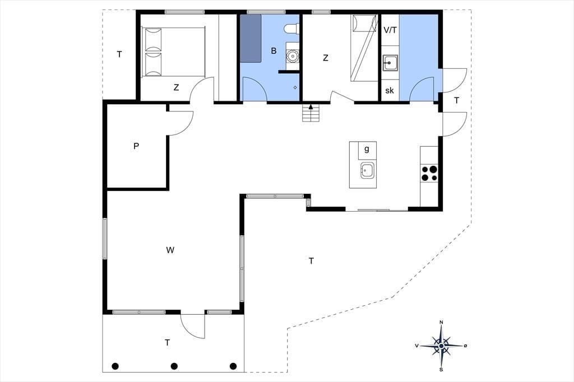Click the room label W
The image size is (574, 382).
tap(170, 250)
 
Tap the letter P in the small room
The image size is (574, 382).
tap(136, 146)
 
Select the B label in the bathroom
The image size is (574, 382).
tap(274, 51)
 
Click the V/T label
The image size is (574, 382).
tap(390, 30)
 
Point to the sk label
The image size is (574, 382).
tap(390, 90)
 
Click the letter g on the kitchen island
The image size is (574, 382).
tap(367, 149)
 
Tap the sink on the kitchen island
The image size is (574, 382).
tap(367, 170)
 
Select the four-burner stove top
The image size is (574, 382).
tap(429, 174)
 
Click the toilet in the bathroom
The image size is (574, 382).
tap(292, 29)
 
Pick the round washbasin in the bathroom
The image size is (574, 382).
tap(293, 56)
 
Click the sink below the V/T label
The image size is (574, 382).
tap(390, 63)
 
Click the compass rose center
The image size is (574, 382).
tap(442, 346)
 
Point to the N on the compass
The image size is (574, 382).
tap(442, 322)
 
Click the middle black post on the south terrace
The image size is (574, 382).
tap(174, 366)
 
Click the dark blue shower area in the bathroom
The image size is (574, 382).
tap(251, 39)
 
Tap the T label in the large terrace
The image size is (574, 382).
tap(311, 261)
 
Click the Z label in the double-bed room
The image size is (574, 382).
tap(177, 87)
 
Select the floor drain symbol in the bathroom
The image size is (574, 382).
tap(295, 87)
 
